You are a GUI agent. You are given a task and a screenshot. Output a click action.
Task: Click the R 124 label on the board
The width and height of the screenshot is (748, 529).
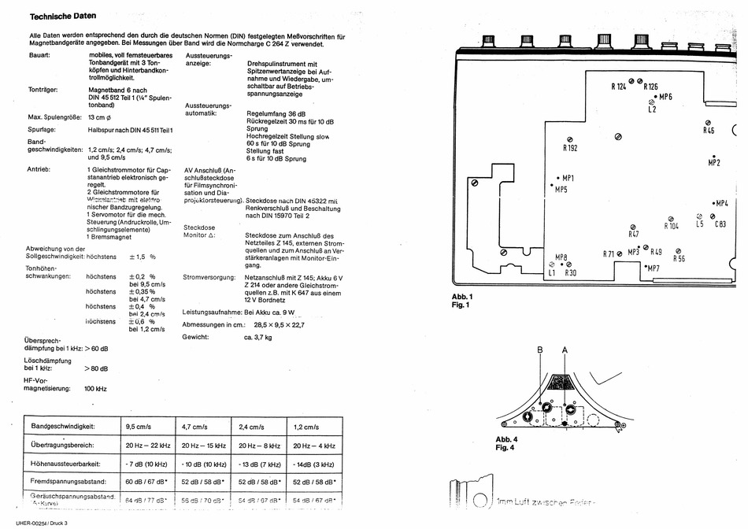point(618,87)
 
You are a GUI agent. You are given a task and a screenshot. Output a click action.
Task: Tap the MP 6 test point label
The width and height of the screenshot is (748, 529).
point(665,96)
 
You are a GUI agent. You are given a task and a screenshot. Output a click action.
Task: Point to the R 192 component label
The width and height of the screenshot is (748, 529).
point(571,148)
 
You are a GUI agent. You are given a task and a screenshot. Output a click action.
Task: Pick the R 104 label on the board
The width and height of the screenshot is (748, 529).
point(671,226)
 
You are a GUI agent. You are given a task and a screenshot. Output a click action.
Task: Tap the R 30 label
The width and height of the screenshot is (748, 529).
point(570,272)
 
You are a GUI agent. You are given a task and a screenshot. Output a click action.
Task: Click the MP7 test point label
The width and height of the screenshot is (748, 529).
point(654,268)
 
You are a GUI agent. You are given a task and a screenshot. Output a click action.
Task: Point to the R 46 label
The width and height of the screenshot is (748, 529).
point(709,131)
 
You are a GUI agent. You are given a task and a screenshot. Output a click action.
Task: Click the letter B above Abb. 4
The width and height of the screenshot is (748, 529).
point(540,349)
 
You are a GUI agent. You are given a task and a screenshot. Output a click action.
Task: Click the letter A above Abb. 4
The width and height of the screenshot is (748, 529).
point(564,349)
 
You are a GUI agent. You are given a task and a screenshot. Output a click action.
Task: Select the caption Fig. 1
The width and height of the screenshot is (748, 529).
point(461,305)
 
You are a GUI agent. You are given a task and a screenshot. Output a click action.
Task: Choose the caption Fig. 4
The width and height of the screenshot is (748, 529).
point(505,448)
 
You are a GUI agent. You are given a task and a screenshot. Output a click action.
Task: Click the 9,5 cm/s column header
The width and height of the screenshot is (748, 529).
point(138,426)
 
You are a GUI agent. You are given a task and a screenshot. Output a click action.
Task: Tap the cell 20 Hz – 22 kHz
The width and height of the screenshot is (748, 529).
point(149,445)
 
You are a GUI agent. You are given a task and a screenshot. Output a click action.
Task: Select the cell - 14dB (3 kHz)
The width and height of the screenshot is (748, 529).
point(313,463)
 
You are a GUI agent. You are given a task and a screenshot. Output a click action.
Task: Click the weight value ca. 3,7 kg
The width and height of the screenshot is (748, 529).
point(257,337)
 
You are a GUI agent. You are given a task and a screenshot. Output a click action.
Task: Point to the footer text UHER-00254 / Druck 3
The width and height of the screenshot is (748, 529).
point(41,523)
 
